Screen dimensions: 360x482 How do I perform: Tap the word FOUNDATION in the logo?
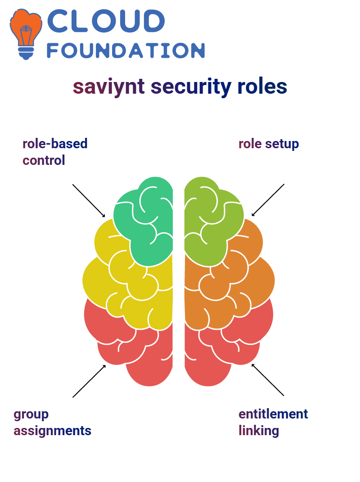click(x=126, y=50)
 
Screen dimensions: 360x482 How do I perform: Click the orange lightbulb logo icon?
click(x=26, y=34)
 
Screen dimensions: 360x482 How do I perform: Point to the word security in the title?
click(x=191, y=86)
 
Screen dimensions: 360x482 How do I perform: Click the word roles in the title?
click(x=262, y=86)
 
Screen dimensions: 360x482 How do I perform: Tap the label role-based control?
click(x=55, y=152)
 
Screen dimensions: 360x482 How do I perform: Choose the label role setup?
click(x=269, y=144)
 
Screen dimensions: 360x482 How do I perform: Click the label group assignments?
click(x=53, y=423)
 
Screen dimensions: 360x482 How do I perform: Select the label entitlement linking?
click(x=274, y=423)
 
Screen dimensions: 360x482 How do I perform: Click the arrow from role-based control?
click(x=89, y=201)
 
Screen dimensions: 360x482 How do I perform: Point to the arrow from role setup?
click(x=268, y=200)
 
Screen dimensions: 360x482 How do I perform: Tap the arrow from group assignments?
click(x=89, y=381)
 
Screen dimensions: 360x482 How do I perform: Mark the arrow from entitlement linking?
click(x=268, y=380)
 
